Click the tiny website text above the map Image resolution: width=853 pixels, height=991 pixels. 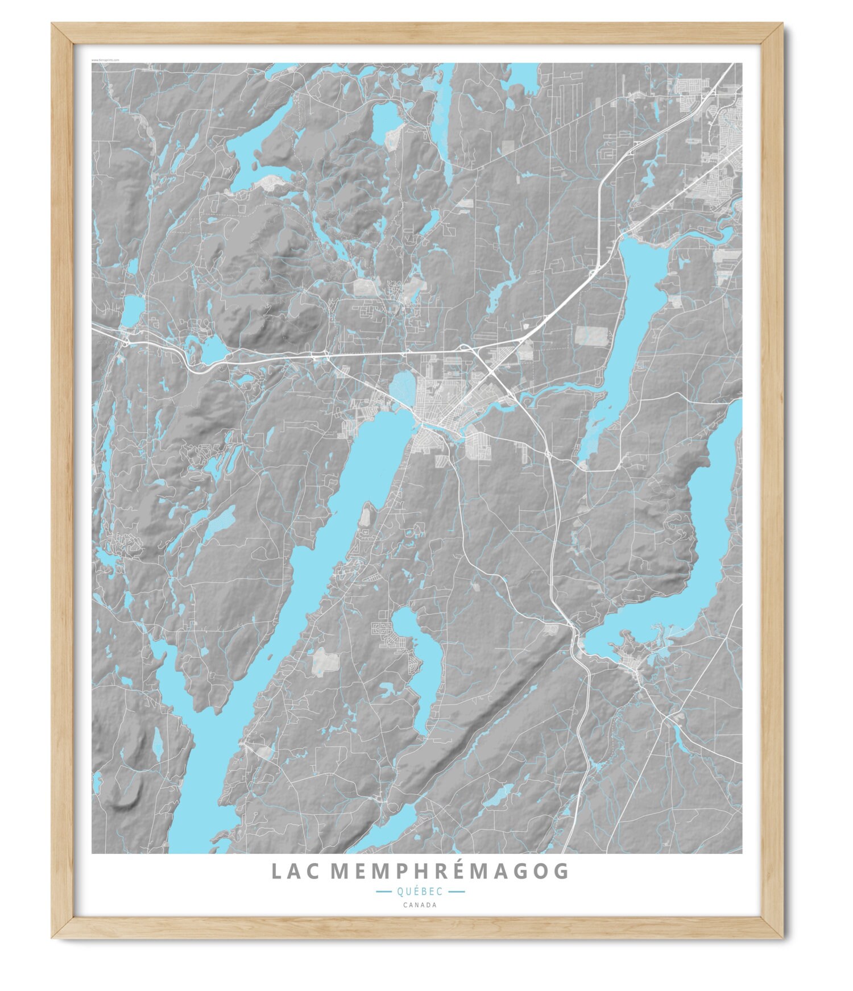tap(105, 59)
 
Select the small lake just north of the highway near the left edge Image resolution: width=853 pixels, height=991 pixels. tap(133, 310)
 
